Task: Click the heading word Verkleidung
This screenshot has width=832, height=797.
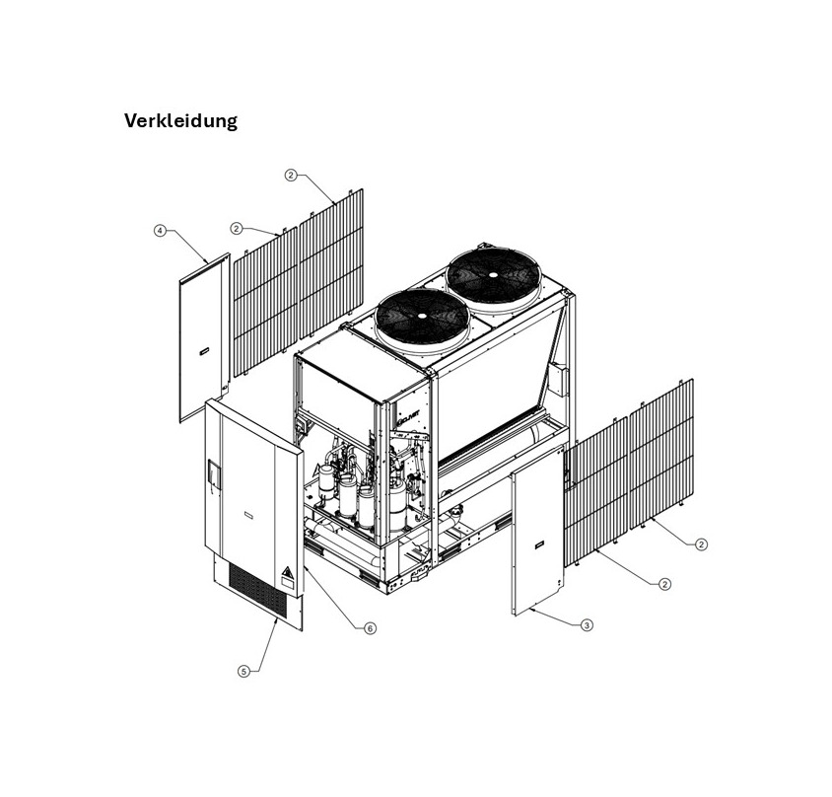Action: click(180, 121)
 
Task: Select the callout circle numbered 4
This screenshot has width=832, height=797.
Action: click(160, 231)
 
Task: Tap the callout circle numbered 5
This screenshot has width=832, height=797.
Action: click(243, 671)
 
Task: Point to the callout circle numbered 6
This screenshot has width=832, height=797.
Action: click(370, 628)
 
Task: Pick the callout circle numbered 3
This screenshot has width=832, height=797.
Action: click(588, 624)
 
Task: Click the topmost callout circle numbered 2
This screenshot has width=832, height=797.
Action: click(291, 175)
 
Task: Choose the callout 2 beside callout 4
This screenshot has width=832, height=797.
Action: click(237, 228)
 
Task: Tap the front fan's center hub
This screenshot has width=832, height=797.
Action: click(421, 316)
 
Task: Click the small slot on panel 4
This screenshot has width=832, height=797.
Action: click(201, 351)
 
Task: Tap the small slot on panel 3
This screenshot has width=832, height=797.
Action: click(538, 542)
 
